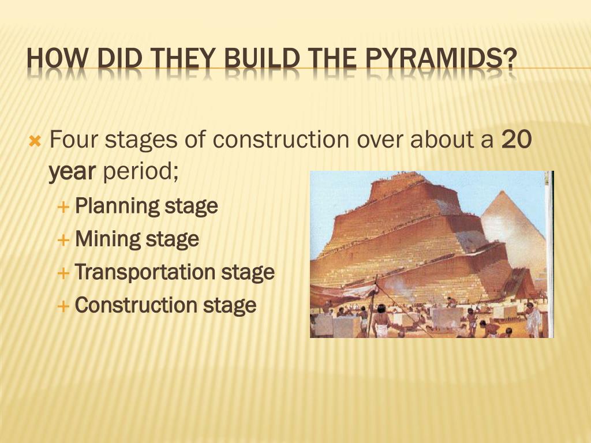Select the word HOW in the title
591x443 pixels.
57,59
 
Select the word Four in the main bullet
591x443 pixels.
74,140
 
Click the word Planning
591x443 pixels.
118,205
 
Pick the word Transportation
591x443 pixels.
146,272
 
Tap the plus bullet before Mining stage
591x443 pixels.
65,239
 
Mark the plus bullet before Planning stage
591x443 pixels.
65,206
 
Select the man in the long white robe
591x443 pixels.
533,320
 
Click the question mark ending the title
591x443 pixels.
509,59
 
